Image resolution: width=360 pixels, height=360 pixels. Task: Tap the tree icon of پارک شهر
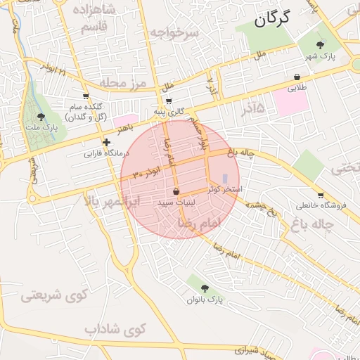coord(321,44)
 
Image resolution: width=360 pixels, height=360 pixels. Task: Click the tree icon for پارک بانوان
coord(205,288)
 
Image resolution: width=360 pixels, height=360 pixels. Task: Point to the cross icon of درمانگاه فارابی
coord(106,142)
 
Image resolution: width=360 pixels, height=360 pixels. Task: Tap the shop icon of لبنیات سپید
coord(175,192)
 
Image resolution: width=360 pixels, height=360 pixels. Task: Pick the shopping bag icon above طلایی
coord(297,77)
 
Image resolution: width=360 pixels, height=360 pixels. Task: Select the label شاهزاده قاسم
coord(105,18)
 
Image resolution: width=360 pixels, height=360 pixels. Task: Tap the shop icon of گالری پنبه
coord(169,101)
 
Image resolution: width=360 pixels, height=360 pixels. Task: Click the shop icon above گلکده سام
coord(86,96)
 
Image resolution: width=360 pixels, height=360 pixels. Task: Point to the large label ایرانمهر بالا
coord(112,201)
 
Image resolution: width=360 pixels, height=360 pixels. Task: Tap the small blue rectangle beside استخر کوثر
coord(225,179)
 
